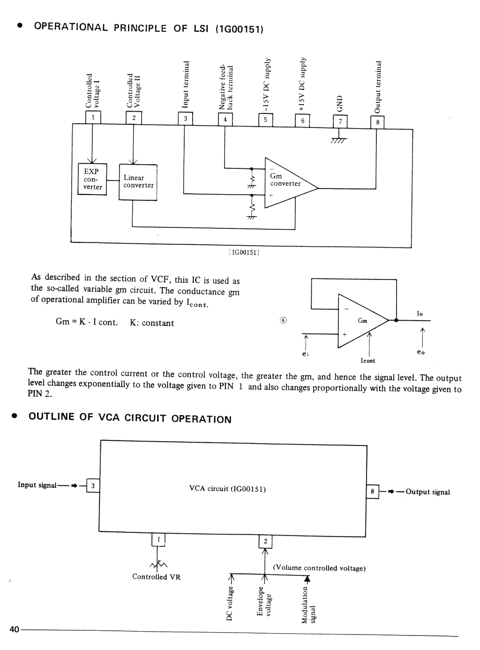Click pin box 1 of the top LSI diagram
(x=93, y=118)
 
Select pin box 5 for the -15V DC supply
(x=265, y=120)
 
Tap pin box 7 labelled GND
(x=340, y=121)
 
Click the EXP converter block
(x=92, y=179)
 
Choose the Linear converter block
(x=138, y=182)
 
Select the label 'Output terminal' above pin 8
(x=378, y=87)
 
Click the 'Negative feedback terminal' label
(x=226, y=87)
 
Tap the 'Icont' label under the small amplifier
(x=368, y=361)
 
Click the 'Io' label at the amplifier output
(x=420, y=314)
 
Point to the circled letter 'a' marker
(x=283, y=320)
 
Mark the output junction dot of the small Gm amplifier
(x=396, y=320)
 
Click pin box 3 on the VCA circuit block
(x=93, y=485)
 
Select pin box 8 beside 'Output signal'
(x=373, y=491)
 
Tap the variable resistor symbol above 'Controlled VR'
(x=158, y=565)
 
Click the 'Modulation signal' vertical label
(x=308, y=605)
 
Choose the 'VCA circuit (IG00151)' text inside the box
(x=227, y=489)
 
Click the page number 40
(x=14, y=629)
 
